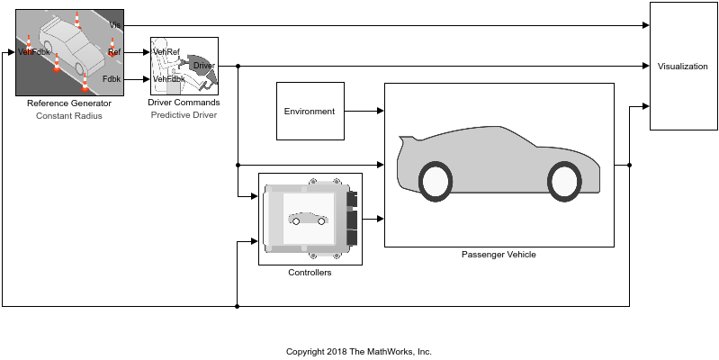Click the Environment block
tap(310, 111)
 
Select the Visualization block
tap(682, 67)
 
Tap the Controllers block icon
tap(310, 219)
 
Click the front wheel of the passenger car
tap(563, 180)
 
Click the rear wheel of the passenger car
tap(435, 180)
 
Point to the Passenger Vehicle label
tap(499, 255)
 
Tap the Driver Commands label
tap(184, 103)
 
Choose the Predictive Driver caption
tap(184, 114)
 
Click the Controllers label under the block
tap(310, 273)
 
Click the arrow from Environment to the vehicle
tap(364, 111)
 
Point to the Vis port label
tap(114, 24)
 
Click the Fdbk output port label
tap(112, 79)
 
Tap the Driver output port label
tap(203, 66)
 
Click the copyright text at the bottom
tap(359, 351)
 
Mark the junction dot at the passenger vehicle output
tap(629, 165)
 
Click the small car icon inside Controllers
tap(308, 219)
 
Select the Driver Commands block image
tap(184, 66)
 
